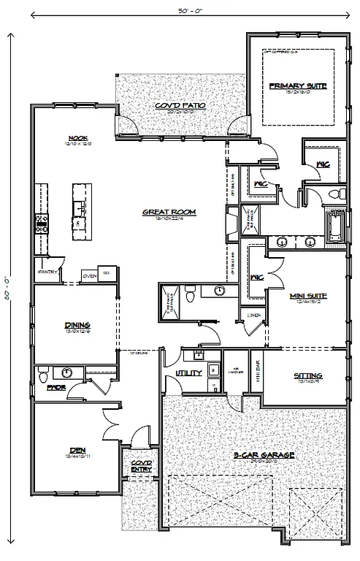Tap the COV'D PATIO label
[180, 105]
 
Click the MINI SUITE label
[307, 296]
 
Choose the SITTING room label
[308, 375]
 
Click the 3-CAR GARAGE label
[264, 455]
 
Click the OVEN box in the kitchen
[90, 275]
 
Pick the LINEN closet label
[253, 315]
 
